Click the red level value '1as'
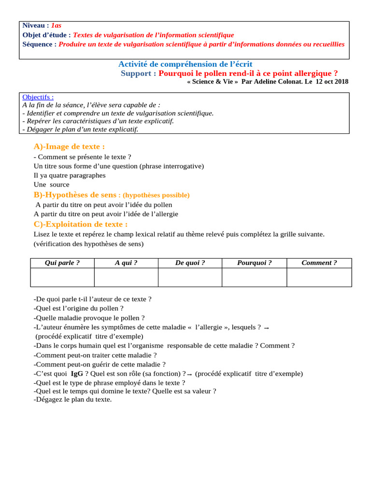[56, 25]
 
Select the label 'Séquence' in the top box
[39, 44]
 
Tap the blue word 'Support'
[138, 73]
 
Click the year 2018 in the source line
[340, 82]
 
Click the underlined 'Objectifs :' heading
[38, 97]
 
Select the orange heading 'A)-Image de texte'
[69, 146]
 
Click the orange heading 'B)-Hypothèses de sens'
[75, 195]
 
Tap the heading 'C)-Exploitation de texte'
[80, 224]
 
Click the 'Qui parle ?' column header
[62, 263]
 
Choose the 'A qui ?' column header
[126, 263]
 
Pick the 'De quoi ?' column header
[190, 263]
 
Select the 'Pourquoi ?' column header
[254, 263]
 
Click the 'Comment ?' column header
[319, 263]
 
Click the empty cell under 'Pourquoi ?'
[254, 277]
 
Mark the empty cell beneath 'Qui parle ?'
[62, 277]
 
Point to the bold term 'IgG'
[77, 374]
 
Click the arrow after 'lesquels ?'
[267, 328]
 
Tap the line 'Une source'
[51, 185]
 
